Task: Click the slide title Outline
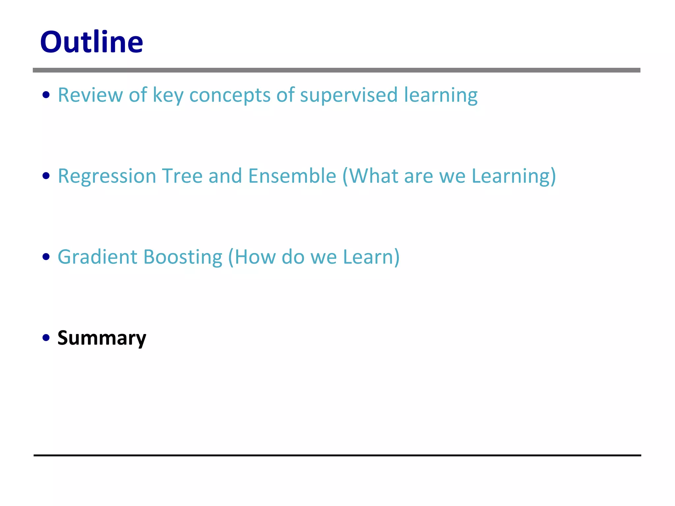[x=91, y=42]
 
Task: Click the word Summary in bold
[x=102, y=338]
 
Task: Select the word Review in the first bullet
[x=90, y=95]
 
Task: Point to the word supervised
[x=349, y=96]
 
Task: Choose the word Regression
[x=107, y=176]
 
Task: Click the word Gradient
[x=97, y=257]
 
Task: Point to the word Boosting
[x=183, y=257]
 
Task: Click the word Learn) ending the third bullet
[x=371, y=257]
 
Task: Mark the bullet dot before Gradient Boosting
[x=46, y=257]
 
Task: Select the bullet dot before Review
[x=46, y=95]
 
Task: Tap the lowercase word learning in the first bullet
[x=441, y=96]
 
